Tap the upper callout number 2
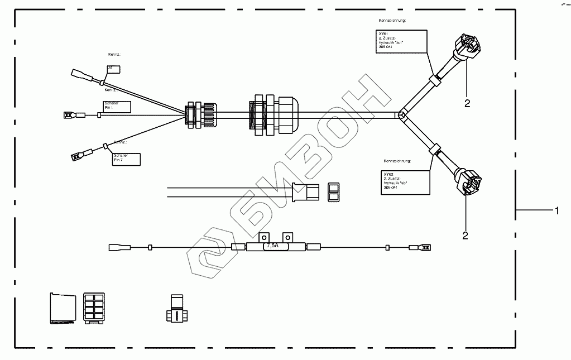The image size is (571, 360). click(x=467, y=103)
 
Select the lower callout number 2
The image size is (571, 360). click(x=465, y=235)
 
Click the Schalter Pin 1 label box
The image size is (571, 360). click(x=117, y=107)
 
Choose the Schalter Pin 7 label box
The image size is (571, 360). click(x=126, y=159)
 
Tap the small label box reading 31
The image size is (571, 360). click(x=113, y=69)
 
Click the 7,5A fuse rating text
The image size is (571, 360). click(x=273, y=246)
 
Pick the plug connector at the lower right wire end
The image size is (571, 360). click(x=470, y=181)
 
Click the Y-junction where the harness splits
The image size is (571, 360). click(x=401, y=115)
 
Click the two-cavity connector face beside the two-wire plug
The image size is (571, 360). click(x=333, y=192)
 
